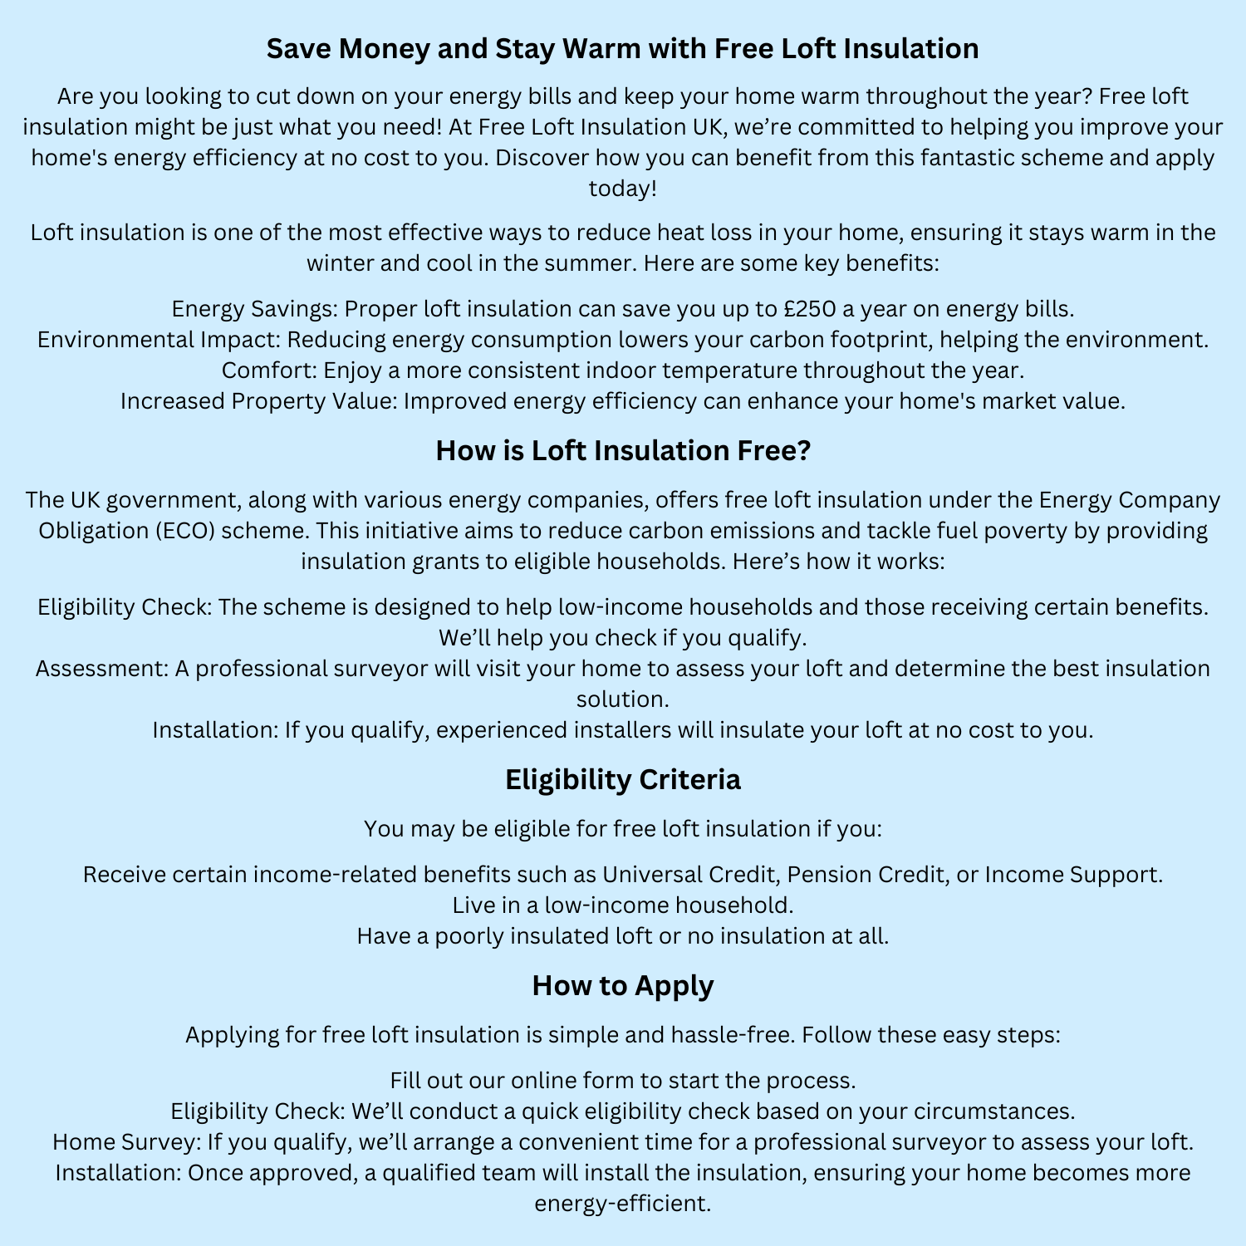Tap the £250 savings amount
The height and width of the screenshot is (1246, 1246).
coord(809,309)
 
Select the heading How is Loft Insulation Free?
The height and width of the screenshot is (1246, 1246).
coord(623,451)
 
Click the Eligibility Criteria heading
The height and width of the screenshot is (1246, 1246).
coord(623,780)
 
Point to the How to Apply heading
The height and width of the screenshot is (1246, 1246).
coord(623,986)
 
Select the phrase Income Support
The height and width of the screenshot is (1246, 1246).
coord(1071,875)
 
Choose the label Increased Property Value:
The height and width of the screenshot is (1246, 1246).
coord(258,401)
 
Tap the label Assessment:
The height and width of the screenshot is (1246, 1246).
coord(101,669)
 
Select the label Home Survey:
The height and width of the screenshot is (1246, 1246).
coord(126,1142)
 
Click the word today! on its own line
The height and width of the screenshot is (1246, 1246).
coord(623,189)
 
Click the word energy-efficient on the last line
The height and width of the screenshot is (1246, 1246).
coord(621,1204)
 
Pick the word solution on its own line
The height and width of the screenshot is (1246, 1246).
coord(622,699)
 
